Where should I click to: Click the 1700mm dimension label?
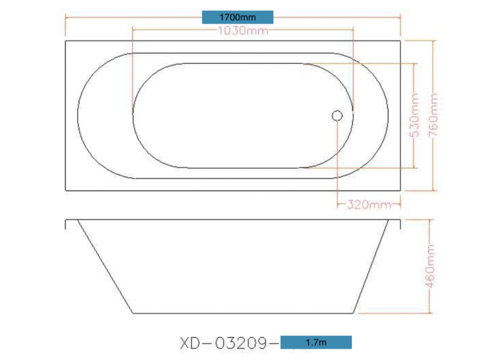238,17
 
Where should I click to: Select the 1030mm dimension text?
243,31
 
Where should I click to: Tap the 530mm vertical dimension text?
415,115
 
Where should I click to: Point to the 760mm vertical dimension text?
434,115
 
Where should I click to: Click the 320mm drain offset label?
369,205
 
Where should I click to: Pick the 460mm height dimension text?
430,266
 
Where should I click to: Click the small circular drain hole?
337,115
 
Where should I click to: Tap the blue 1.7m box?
316,342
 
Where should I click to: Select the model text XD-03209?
223,343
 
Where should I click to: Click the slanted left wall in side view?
105,266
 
